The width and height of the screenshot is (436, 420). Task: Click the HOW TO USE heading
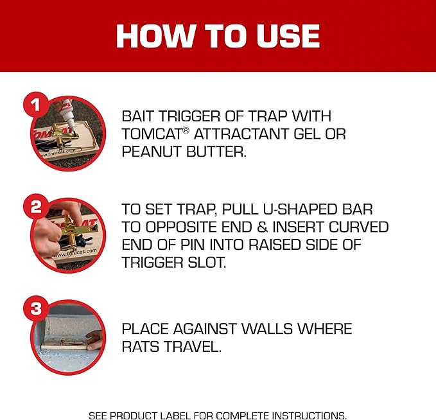click(x=218, y=36)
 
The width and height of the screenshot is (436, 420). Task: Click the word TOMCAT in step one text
click(x=151, y=134)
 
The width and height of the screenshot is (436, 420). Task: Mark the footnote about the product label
click(x=218, y=415)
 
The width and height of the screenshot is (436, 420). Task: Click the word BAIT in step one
click(x=139, y=116)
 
